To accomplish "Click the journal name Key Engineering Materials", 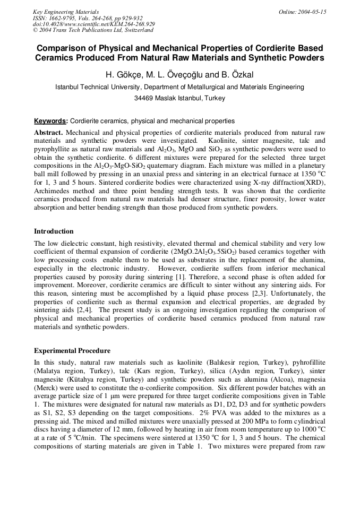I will pos(65,11).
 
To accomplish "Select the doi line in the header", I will pos(93,24).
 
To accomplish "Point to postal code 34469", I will pos(144,98).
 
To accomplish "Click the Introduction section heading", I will pos(54,231).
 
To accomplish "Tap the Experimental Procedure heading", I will pos(72,351).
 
